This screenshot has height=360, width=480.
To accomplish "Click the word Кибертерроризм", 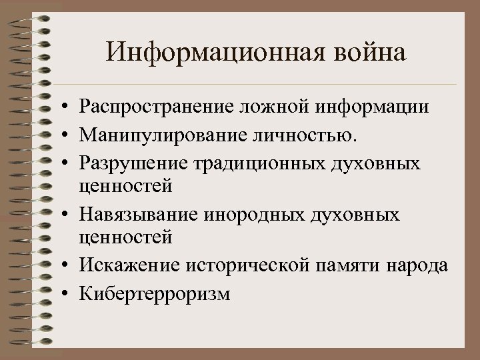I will (154, 294).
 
